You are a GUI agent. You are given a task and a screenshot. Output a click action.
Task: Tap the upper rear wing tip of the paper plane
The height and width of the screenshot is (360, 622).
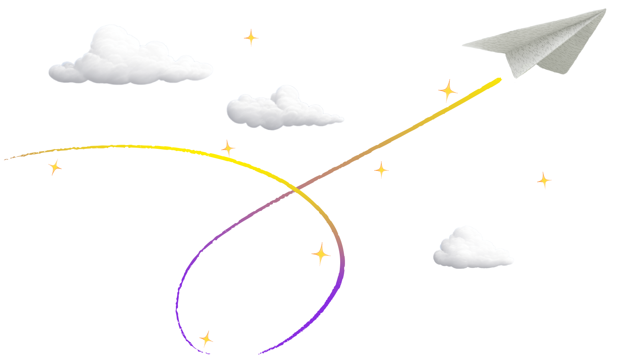coord(605,10)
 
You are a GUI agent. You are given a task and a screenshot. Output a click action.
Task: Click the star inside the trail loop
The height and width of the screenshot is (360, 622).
coord(321,254)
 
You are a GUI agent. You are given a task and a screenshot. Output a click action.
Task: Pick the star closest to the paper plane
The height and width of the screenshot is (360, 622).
coord(448,90)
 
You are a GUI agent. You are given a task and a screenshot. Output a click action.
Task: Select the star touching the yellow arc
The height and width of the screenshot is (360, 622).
coord(228,148)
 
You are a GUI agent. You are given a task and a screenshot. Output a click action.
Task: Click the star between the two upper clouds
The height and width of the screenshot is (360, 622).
coord(251,38)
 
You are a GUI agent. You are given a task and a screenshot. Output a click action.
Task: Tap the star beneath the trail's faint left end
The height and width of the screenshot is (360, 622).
coord(55,167)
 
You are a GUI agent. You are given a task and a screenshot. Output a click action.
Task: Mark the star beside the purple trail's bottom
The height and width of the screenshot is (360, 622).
coord(206,339)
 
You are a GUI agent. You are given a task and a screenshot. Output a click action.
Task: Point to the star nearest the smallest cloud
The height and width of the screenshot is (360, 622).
coord(544,180)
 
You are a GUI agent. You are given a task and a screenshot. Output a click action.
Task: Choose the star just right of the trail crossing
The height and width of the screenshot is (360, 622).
coord(381,170)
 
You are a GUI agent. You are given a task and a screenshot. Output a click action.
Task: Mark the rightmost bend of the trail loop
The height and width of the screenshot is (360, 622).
coord(342,260)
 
